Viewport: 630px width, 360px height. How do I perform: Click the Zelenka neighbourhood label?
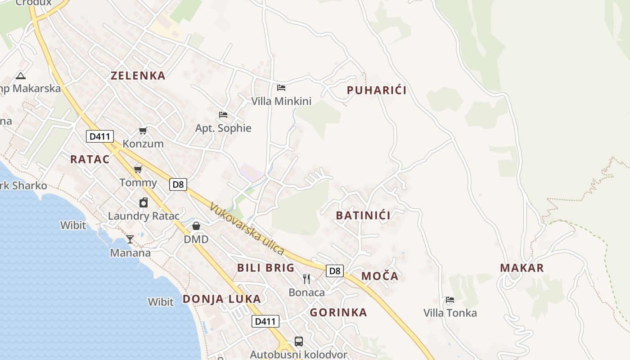pos(138,76)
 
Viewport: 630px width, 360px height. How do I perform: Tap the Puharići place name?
pos(377,90)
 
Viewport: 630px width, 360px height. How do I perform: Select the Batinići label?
pos(363,216)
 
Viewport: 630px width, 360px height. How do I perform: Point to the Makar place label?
pos(522,268)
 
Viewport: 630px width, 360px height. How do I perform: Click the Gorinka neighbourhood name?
pos(338,313)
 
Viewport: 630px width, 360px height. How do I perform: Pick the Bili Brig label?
pos(265,268)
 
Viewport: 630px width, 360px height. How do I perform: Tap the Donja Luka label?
pos(221,299)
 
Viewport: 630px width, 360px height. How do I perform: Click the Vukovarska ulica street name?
pos(247,229)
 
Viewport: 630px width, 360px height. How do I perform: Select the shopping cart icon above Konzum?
pos(143,131)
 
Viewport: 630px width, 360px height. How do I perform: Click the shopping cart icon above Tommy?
pos(138,170)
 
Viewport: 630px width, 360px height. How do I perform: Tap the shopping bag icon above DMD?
pos(196,226)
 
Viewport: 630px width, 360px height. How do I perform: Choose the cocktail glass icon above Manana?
pos(130,239)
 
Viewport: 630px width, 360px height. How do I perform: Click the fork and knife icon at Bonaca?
pos(306,279)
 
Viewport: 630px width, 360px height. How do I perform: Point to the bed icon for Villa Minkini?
pos(281,88)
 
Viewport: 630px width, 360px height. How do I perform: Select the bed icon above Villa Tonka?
pos(450,300)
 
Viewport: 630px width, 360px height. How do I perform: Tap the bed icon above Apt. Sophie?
pos(223,115)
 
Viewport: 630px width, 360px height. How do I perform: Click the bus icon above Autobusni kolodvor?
pos(299,342)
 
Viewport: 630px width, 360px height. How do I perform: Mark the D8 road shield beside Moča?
pos(335,271)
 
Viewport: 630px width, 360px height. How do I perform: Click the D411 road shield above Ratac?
pos(100,136)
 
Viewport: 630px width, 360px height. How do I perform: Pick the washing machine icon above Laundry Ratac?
pos(144,202)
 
